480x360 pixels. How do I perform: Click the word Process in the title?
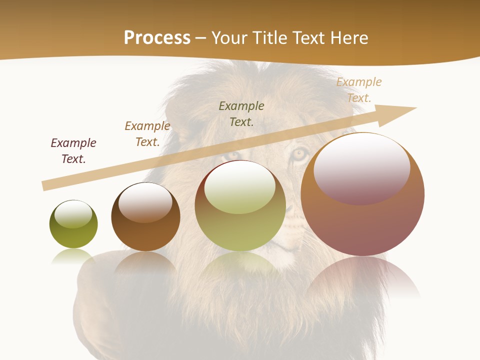pos(157,38)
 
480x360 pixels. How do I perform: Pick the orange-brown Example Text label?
pos(147,134)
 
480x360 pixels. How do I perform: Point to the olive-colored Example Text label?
pos(241,113)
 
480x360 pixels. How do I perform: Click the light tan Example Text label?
pos(358,90)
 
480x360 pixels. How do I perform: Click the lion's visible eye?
pos(299,153)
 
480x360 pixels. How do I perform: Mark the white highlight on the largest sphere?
pos(361,167)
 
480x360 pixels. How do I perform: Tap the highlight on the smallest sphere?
pos(73,214)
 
